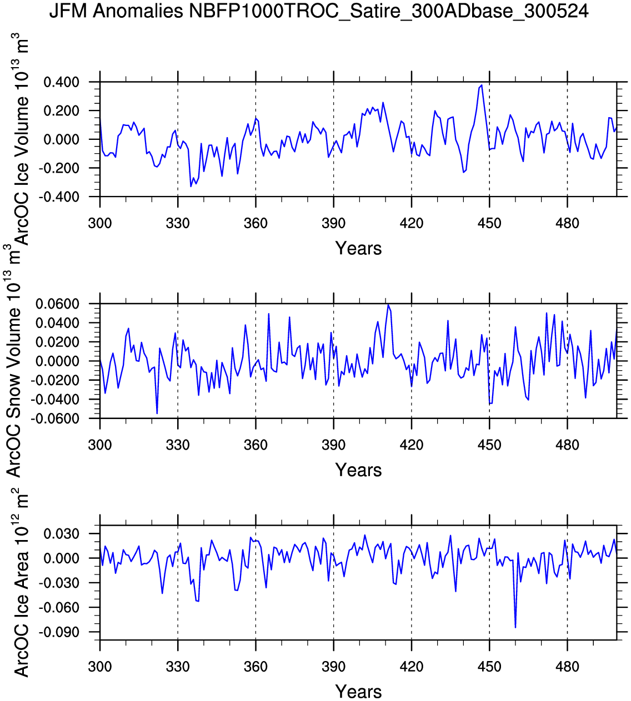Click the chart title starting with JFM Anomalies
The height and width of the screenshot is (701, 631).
coord(319,12)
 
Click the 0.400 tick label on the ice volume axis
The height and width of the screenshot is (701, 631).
coord(61,83)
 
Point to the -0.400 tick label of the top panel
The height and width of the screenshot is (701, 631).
coord(59,197)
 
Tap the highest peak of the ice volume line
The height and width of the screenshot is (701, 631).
coord(482,85)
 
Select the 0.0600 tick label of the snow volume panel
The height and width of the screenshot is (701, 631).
coord(57,304)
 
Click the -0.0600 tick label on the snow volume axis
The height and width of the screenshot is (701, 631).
coord(55,418)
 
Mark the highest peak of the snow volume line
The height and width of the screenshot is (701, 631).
coord(388,305)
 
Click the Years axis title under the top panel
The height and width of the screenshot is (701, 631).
coord(358,249)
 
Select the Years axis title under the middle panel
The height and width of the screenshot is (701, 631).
coord(358,470)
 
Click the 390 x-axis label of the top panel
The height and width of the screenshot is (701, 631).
coord(333,223)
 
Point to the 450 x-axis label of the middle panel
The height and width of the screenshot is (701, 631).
coord(489,445)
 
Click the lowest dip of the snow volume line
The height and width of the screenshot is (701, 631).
coord(157,413)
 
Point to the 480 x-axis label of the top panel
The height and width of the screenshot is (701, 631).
coord(567,223)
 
